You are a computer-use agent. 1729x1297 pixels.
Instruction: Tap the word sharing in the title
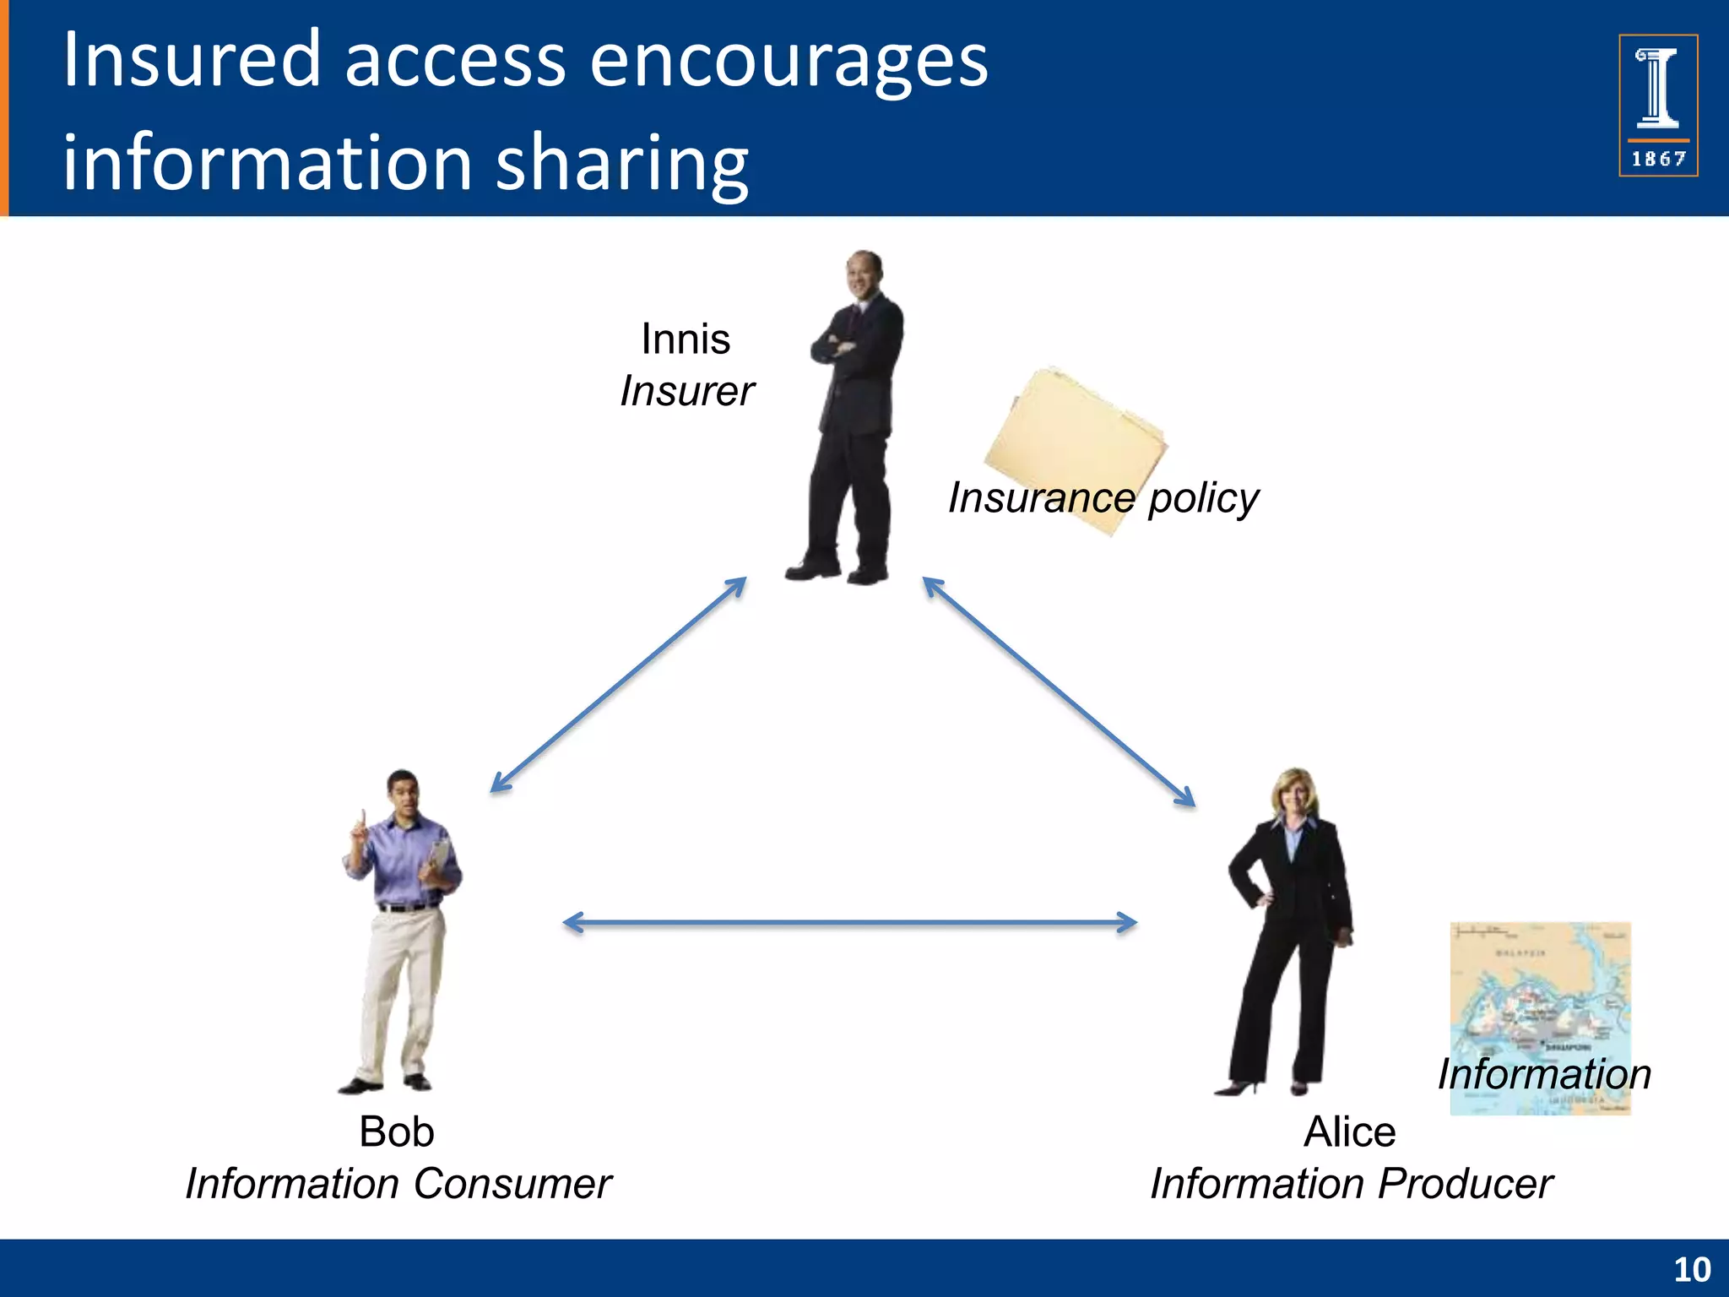pos(621,164)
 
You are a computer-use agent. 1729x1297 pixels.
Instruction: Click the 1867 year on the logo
pos(1658,159)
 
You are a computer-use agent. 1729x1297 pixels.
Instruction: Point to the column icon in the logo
pos(1657,88)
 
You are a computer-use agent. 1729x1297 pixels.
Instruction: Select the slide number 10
pos(1691,1270)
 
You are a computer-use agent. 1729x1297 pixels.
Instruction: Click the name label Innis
pos(686,339)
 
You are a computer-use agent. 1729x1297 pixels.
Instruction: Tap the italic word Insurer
pos(687,392)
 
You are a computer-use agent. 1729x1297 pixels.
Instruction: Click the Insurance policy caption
pos(1103,498)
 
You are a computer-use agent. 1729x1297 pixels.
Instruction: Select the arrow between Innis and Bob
pos(619,685)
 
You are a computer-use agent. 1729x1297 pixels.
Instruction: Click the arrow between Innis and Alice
pos(1059,692)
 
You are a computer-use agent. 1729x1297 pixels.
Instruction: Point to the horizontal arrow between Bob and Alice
pos(849,923)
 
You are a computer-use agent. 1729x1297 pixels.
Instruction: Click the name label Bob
pos(396,1132)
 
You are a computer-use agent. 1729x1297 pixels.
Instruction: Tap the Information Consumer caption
pos(398,1184)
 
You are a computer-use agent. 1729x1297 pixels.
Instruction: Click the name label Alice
pos(1349,1132)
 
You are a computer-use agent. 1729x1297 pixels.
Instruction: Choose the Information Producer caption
pos(1351,1184)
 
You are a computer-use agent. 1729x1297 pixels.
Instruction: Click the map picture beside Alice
pos(1540,996)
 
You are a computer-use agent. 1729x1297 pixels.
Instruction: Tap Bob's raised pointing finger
pos(362,817)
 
